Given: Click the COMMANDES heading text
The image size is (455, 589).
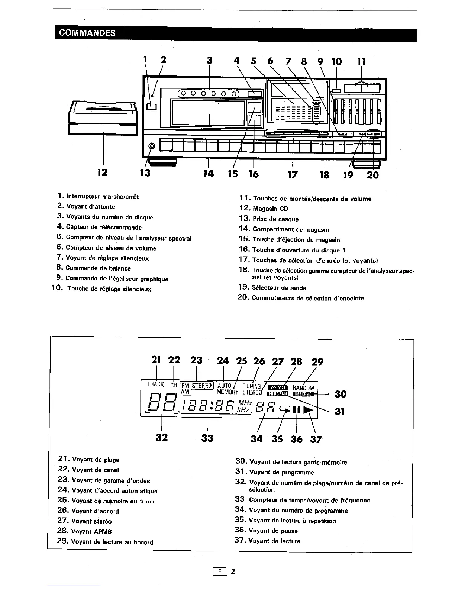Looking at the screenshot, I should pyautogui.click(x=85, y=33).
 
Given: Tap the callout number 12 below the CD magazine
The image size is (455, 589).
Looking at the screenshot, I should pyautogui.click(x=102, y=173).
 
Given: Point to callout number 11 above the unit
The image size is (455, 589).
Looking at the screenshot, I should pyautogui.click(x=361, y=61).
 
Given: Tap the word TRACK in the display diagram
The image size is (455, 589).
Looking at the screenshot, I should pyautogui.click(x=155, y=384).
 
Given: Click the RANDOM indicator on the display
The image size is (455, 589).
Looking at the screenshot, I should pyautogui.click(x=303, y=388).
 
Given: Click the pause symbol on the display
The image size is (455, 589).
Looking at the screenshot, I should pyautogui.click(x=296, y=410).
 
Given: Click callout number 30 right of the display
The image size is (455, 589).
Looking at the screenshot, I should pyautogui.click(x=341, y=394).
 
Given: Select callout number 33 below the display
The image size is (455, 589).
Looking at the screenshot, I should pyautogui.click(x=207, y=438).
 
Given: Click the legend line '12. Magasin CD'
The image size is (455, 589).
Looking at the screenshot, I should pyautogui.click(x=264, y=209).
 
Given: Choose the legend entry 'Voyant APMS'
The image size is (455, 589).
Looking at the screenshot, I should pyautogui.click(x=91, y=531).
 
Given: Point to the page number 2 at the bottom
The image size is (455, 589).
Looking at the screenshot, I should pyautogui.click(x=233, y=572).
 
